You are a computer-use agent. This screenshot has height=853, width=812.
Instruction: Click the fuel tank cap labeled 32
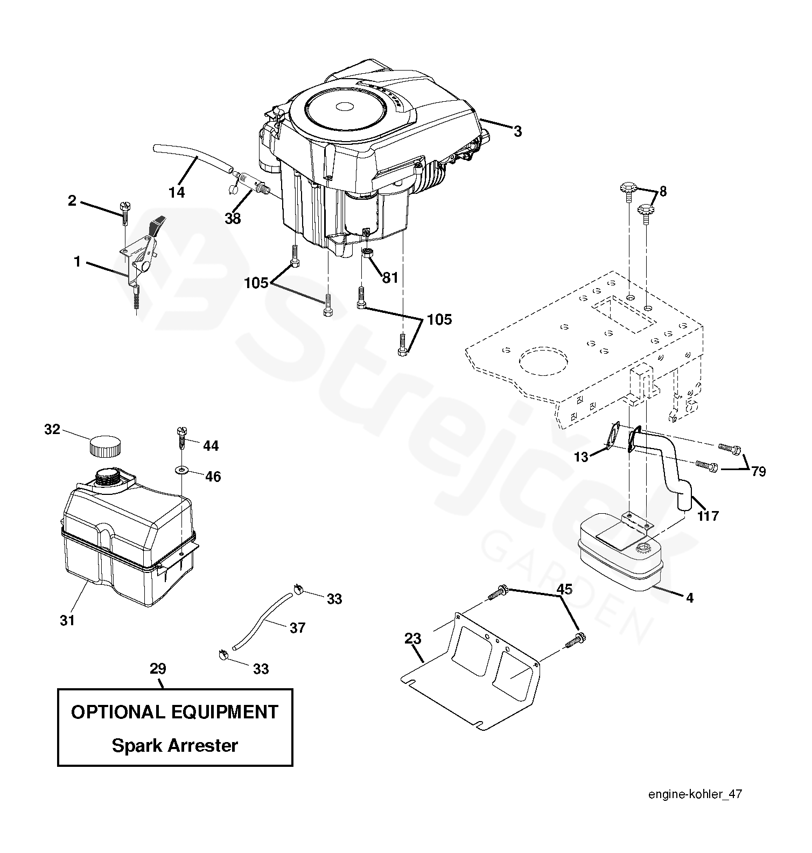pos(104,446)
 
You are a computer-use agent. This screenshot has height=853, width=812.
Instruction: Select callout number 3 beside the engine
pos(517,131)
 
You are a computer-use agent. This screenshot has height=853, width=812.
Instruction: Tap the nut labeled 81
pos(367,254)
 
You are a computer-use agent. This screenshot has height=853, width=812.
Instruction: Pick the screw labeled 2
pos(124,212)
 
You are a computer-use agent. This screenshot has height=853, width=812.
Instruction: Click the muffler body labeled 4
pos(619,560)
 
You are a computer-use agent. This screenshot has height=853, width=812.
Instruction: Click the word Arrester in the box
pos(202,746)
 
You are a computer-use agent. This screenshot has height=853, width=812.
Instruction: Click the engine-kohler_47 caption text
pos(695,794)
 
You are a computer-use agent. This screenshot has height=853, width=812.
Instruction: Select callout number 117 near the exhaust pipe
pos(708,516)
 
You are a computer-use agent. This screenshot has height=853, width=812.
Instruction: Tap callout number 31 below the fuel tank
pos(67,620)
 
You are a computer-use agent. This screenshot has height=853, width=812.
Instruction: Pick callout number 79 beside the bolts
pos(758,472)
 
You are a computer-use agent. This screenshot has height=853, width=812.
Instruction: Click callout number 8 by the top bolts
pos(663,191)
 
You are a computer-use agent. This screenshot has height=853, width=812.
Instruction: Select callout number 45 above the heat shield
pos(564,589)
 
